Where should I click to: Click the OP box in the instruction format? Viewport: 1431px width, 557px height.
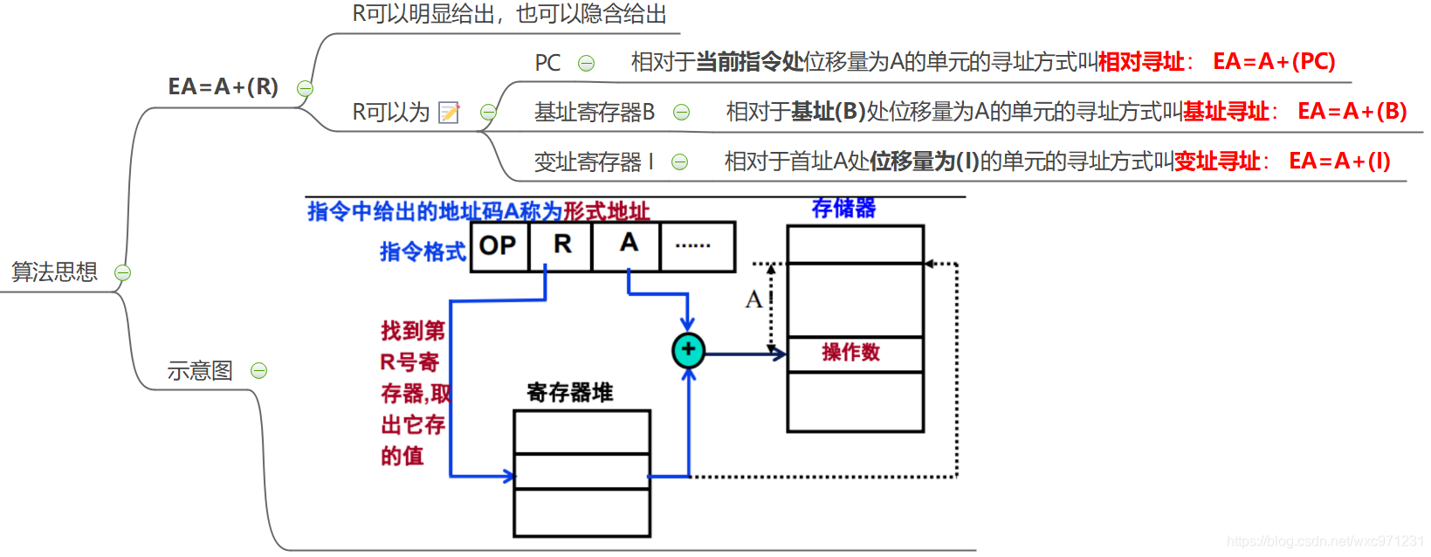pos(499,246)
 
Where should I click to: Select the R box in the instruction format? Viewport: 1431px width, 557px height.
pos(561,245)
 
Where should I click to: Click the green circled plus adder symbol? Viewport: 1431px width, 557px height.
pos(688,350)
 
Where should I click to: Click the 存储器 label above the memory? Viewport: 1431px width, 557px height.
pos(843,209)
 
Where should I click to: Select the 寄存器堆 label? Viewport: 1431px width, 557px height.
pos(569,392)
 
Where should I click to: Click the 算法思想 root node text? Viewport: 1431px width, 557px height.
pos(54,272)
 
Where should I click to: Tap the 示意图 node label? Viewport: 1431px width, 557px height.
pos(200,371)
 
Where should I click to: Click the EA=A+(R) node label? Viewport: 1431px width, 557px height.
pos(223,87)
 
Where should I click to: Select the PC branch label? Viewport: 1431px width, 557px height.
pos(547,63)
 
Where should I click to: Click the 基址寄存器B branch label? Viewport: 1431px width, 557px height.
pos(594,113)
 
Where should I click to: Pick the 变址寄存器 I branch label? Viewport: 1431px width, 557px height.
pos(593,162)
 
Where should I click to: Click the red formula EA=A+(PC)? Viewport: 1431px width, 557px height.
pos(1274,62)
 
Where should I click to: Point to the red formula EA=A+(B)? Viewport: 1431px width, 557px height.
pos(1352,112)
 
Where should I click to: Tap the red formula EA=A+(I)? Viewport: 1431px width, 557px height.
pos(1339,162)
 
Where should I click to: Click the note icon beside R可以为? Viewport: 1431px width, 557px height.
pos(449,113)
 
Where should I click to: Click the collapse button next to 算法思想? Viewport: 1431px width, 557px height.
pos(123,273)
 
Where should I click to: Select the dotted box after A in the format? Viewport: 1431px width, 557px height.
pos(697,246)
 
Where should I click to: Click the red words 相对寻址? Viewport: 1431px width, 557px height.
pos(1140,62)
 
